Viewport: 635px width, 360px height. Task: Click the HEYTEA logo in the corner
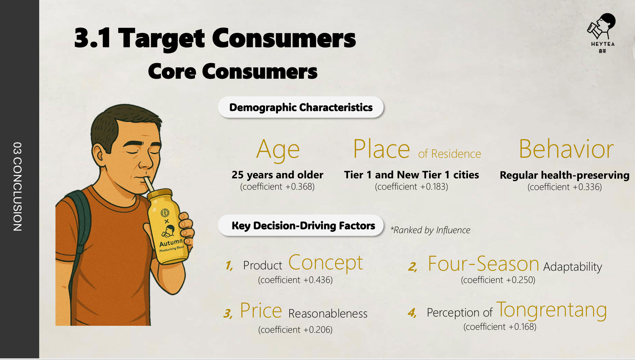click(602, 33)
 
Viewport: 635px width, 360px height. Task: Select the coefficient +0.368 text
click(277, 187)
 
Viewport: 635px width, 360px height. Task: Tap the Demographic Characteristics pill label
click(301, 107)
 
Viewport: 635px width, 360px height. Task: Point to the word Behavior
click(566, 149)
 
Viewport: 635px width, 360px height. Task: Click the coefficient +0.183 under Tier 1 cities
click(411, 187)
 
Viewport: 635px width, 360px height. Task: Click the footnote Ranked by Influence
click(430, 230)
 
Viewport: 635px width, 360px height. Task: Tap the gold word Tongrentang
click(552, 310)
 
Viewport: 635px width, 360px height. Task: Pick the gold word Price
click(261, 311)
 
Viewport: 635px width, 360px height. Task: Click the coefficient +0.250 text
click(498, 280)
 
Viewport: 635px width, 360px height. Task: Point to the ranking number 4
click(412, 313)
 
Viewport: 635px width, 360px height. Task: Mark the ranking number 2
click(412, 266)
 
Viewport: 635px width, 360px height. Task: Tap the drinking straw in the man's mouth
click(148, 184)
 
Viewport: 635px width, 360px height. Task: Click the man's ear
click(99, 155)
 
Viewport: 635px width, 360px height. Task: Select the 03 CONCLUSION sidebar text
click(18, 187)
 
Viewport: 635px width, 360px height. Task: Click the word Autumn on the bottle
click(171, 242)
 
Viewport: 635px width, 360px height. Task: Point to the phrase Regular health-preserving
click(565, 175)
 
